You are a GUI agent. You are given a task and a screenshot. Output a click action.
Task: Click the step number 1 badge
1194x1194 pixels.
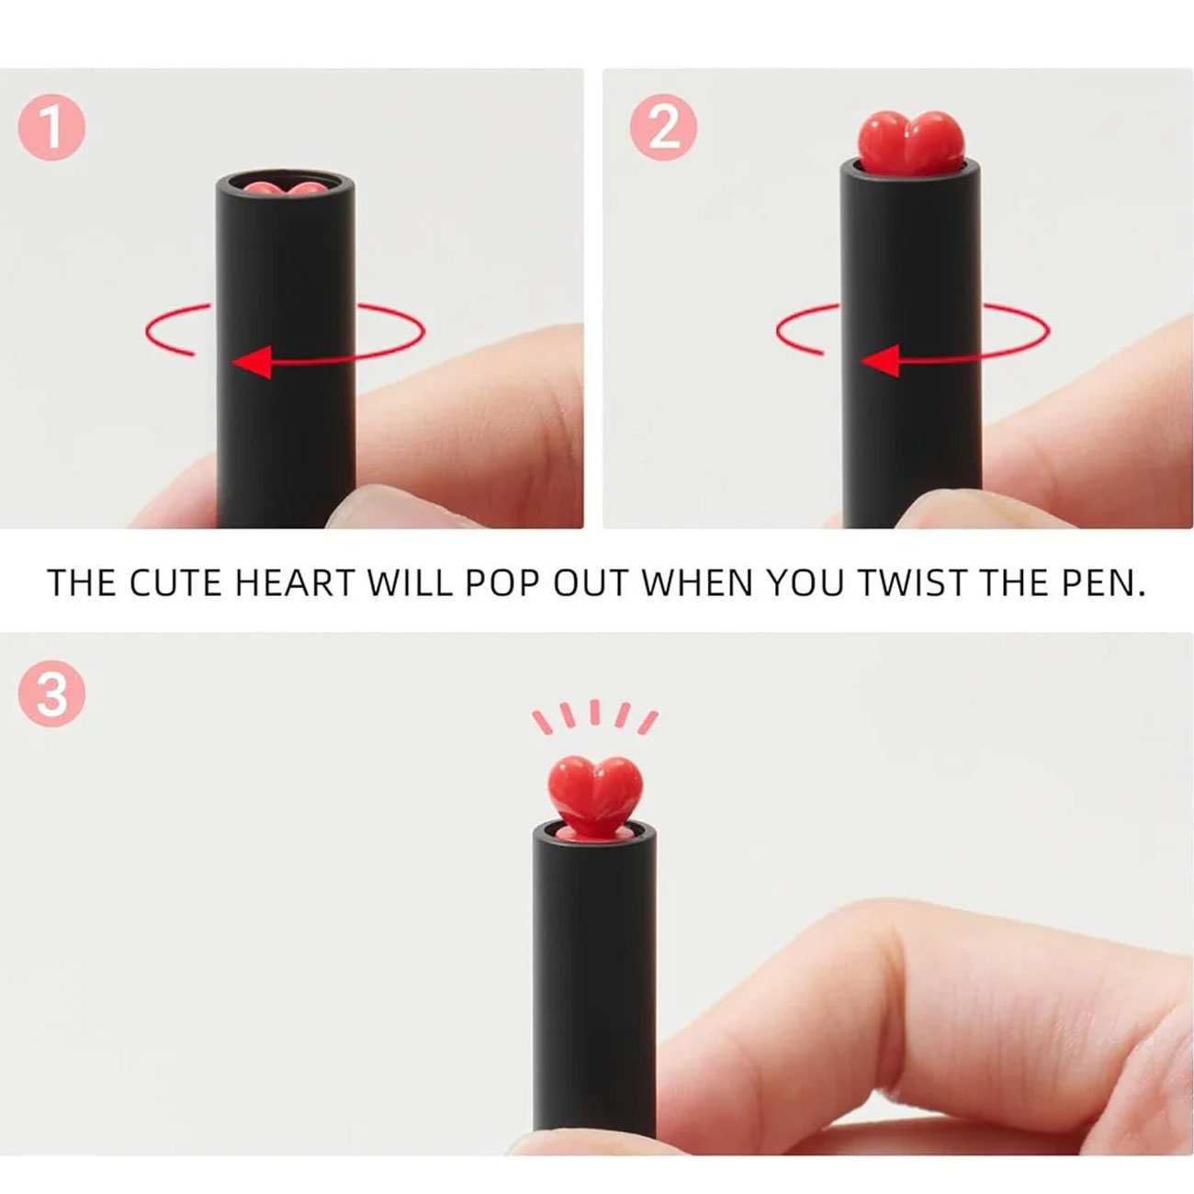(x=52, y=128)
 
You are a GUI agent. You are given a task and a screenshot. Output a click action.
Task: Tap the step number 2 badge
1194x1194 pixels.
(x=663, y=128)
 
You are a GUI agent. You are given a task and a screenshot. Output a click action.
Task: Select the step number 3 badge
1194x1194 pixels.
(x=52, y=694)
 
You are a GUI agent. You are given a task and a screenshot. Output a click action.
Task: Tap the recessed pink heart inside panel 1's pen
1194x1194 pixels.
(x=284, y=187)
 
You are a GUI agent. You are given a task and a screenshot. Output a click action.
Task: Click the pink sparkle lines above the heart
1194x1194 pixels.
(x=595, y=718)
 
